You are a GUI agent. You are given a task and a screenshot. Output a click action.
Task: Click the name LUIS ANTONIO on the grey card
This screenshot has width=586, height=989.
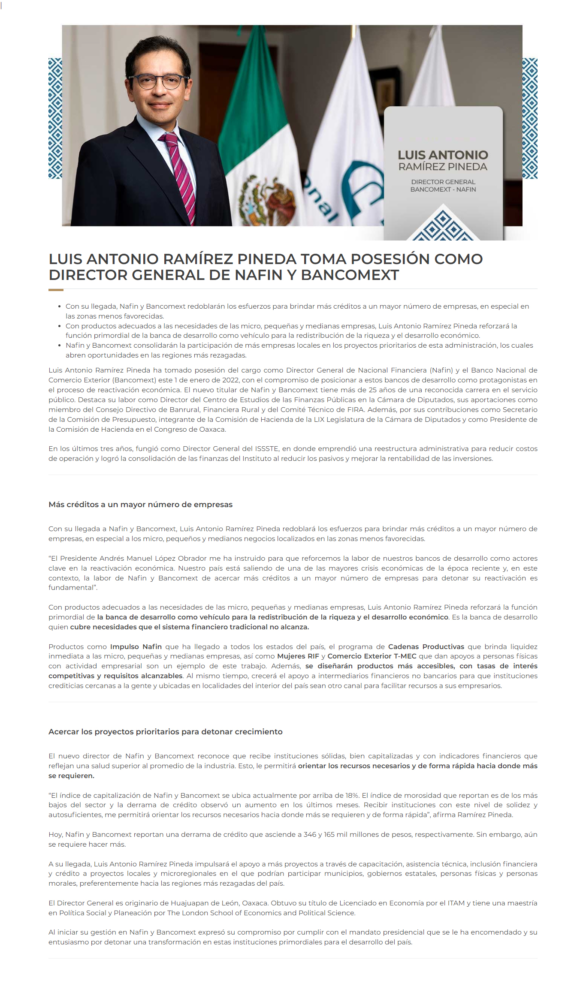443,155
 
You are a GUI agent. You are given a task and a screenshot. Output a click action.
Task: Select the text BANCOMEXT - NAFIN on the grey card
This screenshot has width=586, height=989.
443,189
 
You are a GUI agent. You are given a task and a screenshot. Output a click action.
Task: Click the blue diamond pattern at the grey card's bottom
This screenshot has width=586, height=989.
443,225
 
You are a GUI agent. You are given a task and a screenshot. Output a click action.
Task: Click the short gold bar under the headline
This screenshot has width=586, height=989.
56,290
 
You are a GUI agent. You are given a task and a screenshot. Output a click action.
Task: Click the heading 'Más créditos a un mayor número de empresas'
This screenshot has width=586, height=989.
140,505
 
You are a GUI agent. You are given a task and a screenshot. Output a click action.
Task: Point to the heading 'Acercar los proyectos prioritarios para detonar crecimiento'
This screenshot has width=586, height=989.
165,732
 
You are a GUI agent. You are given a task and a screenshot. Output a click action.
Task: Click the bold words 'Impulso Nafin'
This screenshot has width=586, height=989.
136,646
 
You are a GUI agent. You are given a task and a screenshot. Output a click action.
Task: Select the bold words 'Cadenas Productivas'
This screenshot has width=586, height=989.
426,646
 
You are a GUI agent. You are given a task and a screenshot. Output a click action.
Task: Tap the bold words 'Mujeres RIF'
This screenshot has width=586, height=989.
298,656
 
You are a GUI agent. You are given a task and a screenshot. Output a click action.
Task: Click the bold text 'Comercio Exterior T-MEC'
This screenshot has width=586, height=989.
372,656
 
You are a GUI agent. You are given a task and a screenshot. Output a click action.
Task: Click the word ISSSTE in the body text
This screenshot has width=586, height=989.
266,448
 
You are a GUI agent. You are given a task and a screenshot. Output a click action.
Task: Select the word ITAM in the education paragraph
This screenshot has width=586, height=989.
456,903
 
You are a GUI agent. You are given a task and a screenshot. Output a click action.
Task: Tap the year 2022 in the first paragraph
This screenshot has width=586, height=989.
231,380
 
